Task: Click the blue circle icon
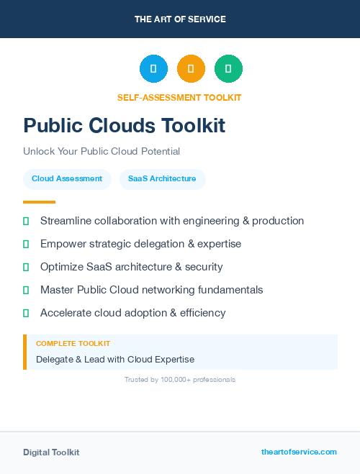pyautogui.click(x=153, y=69)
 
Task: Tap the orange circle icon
pyautogui.click(x=191, y=69)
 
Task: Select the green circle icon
pyautogui.click(x=228, y=69)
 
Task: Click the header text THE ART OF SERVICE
pyautogui.click(x=180, y=19)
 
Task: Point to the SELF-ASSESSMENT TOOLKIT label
pyautogui.click(x=179, y=98)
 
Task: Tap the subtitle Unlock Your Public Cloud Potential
pyautogui.click(x=102, y=152)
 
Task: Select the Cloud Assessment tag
pyautogui.click(x=67, y=179)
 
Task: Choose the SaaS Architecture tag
pyautogui.click(x=162, y=179)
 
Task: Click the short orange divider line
pyautogui.click(x=39, y=202)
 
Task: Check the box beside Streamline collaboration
pyautogui.click(x=26, y=222)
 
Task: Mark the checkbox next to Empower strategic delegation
pyautogui.click(x=26, y=245)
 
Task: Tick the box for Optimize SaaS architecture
pyautogui.click(x=26, y=268)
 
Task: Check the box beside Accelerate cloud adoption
pyautogui.click(x=26, y=314)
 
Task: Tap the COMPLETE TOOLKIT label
pyautogui.click(x=73, y=344)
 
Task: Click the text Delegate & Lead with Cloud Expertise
pyautogui.click(x=115, y=359)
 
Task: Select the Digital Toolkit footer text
pyautogui.click(x=51, y=452)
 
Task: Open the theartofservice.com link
pyautogui.click(x=299, y=452)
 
